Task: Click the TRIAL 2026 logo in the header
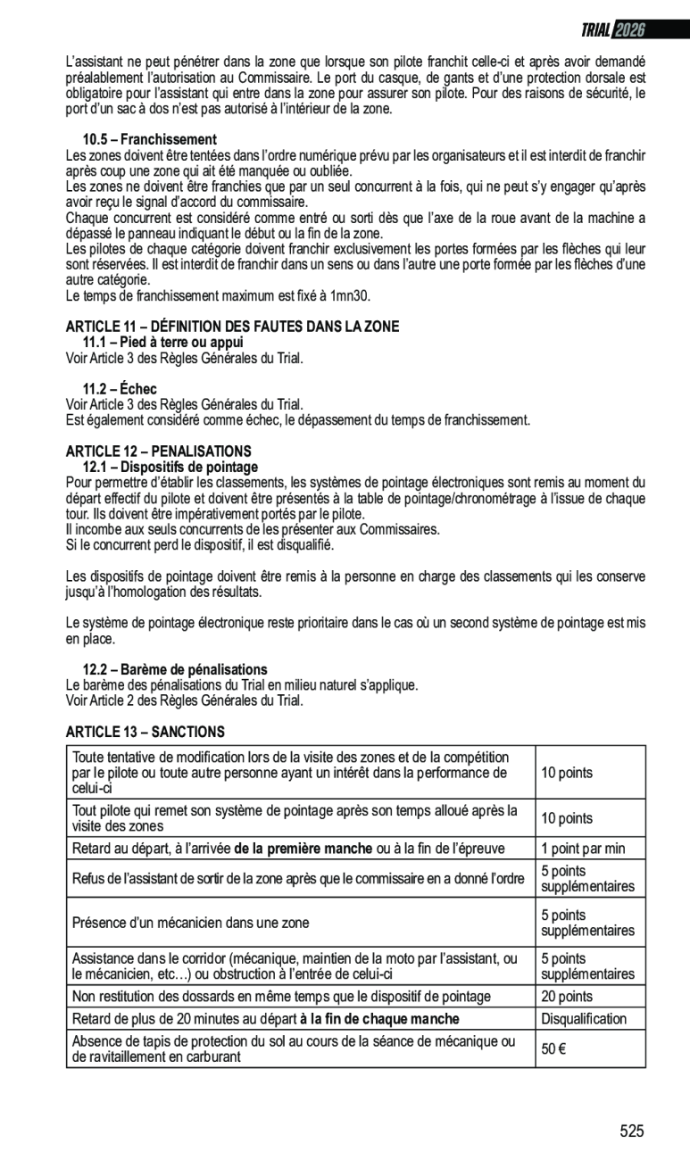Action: coord(612,30)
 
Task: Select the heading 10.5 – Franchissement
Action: coord(150,140)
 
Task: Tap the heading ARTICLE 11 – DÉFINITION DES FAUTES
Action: coord(232,327)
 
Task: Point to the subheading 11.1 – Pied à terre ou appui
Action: coord(163,343)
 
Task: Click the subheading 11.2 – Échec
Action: coord(120,389)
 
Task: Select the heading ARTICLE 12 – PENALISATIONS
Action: coord(159,452)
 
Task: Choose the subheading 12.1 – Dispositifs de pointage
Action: coord(170,467)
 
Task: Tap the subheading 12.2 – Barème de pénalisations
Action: coord(175,669)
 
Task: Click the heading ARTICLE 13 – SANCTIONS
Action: coord(145,732)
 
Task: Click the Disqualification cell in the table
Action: coord(584,1019)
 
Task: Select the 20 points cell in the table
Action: coord(567,997)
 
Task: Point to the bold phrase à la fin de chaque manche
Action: coord(379,1019)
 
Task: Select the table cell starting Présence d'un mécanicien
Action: coord(191,923)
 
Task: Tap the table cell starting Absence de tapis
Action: coord(293,1049)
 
